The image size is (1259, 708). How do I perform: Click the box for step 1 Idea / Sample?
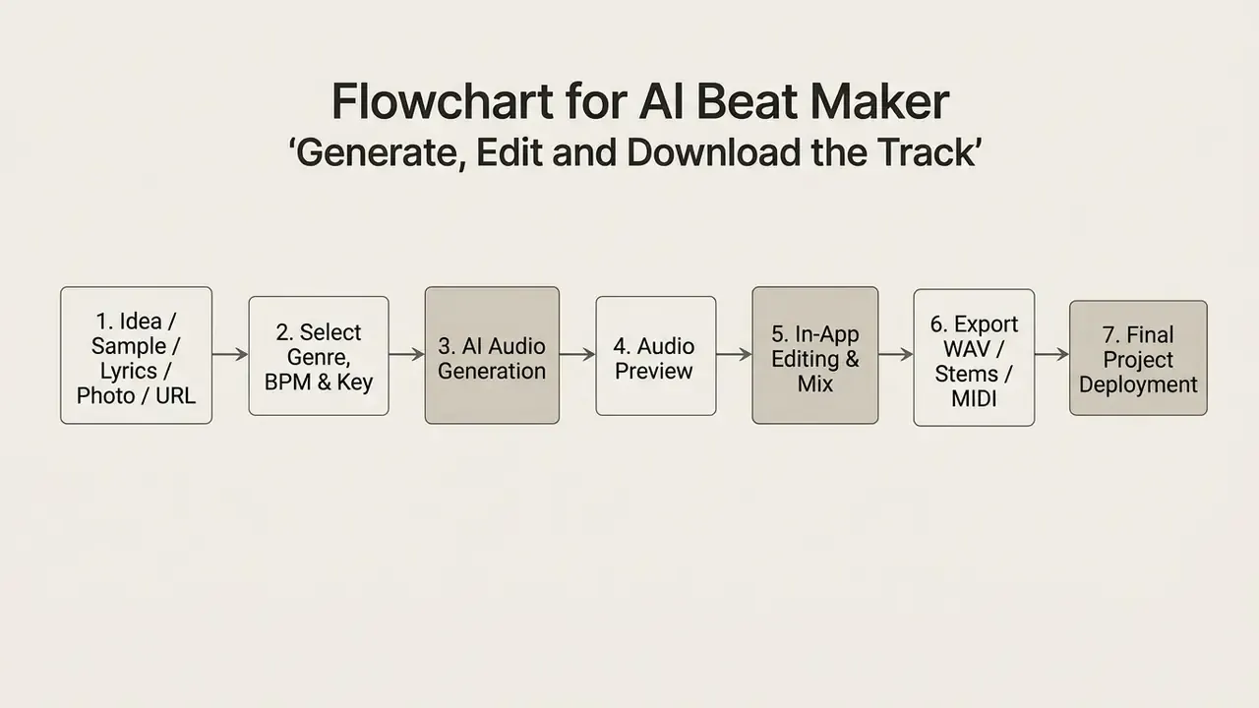136,355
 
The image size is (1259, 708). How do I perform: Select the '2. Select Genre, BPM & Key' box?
319,356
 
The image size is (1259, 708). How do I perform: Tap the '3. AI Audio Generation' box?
492,355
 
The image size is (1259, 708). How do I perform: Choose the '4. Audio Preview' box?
656,356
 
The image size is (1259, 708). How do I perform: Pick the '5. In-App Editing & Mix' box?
815,355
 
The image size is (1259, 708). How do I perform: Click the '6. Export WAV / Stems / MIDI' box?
974,357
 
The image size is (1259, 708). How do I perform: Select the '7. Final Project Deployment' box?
1138,358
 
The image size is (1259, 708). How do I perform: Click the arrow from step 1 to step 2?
230,355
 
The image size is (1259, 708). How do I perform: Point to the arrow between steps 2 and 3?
407,355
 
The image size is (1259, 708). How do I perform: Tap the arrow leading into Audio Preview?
577,355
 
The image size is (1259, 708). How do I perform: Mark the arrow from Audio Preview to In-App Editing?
735,355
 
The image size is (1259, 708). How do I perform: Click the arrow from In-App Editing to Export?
896,355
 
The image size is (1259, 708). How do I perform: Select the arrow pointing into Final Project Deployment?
1052,355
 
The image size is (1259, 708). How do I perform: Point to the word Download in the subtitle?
713,152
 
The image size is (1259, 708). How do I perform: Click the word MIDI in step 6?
974,398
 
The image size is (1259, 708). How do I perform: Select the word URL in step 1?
175,395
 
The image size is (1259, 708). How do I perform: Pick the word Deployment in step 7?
1138,384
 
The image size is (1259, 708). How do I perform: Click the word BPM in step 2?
287,383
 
